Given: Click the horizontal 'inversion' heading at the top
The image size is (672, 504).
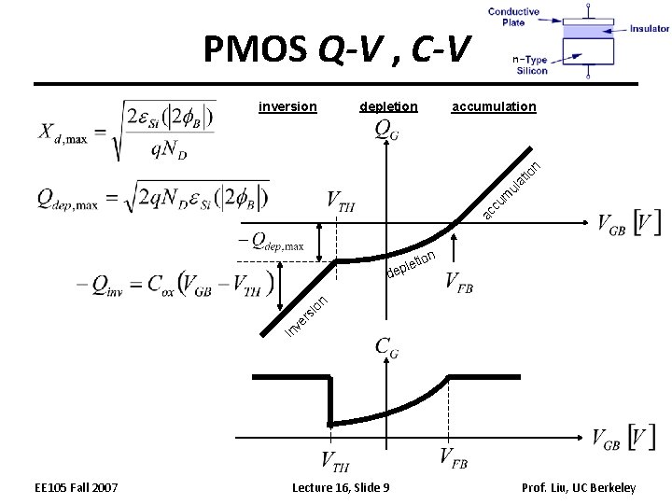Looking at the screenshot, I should (x=287, y=106).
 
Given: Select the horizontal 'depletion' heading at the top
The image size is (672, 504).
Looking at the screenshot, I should (x=388, y=106).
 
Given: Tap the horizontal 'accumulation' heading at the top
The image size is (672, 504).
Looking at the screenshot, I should (x=494, y=106).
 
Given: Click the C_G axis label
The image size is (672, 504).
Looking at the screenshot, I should (x=386, y=346).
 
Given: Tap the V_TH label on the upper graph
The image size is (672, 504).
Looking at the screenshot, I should (x=341, y=200).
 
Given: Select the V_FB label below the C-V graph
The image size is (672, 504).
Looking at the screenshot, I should (x=454, y=456).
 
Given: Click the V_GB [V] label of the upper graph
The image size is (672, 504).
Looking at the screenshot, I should (x=629, y=224).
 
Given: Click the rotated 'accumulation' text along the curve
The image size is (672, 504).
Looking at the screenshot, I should (x=512, y=191).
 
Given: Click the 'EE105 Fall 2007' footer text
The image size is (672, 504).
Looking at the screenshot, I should (x=77, y=487).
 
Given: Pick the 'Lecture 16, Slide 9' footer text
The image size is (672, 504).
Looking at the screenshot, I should (x=342, y=487).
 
